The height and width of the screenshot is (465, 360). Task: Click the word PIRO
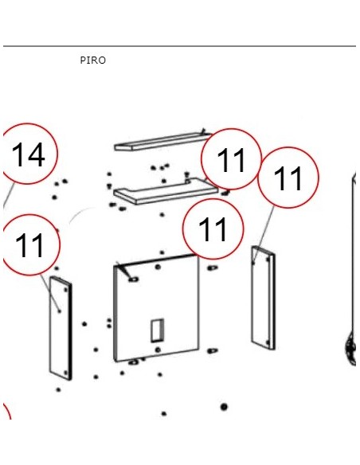tap(93, 61)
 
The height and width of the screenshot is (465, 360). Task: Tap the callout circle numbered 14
tap(28, 154)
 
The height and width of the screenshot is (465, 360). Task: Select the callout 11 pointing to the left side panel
tap(30, 245)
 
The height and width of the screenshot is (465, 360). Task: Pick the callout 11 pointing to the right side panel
tap(288, 178)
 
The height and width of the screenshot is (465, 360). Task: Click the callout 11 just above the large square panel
tap(213, 229)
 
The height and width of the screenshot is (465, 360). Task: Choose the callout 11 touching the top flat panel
tap(231, 159)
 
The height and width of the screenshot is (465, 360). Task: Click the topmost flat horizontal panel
tap(162, 142)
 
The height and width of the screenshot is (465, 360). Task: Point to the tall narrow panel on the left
tap(61, 328)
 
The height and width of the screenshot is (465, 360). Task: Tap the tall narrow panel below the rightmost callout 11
tap(264, 298)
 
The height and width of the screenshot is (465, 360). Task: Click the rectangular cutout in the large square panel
tap(157, 330)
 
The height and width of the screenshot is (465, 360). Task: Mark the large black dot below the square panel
tap(224, 407)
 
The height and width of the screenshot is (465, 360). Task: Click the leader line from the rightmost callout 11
tap(264, 234)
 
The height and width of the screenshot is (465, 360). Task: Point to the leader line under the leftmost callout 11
tap(50, 293)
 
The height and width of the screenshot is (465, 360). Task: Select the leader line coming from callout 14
tap(9, 195)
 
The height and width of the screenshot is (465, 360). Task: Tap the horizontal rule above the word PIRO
tap(179, 46)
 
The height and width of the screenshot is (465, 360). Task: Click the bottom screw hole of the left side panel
tap(66, 373)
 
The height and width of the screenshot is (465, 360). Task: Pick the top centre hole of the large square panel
tap(158, 267)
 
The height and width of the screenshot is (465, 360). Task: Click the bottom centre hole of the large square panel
tap(158, 350)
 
